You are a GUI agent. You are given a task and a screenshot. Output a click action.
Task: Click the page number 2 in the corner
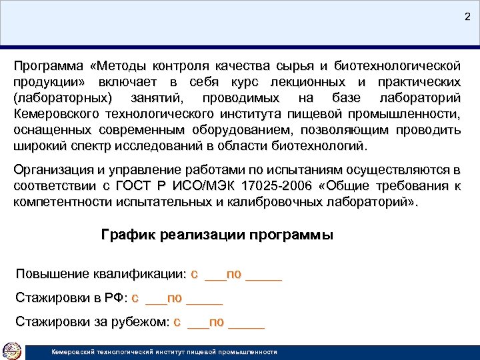click(467, 17)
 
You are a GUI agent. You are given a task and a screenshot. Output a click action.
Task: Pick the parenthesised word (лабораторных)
click(61, 98)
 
